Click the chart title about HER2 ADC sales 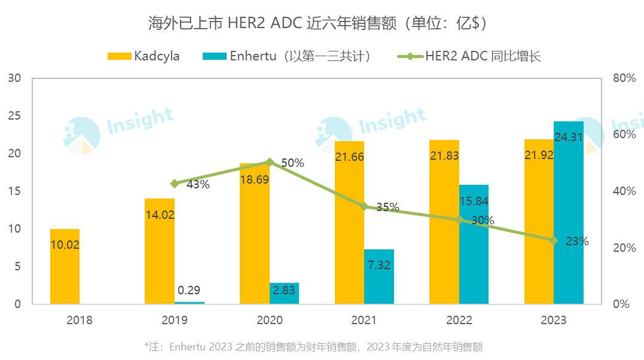(321, 24)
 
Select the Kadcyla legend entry (144, 56)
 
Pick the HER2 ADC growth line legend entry (469, 56)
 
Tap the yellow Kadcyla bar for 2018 (65, 266)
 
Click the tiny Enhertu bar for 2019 (190, 303)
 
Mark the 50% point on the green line (270, 162)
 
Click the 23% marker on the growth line (554, 240)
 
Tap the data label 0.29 (190, 291)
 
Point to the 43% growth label (197, 185)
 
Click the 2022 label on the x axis (459, 321)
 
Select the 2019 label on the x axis (175, 321)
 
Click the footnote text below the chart (313, 347)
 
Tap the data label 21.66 (349, 157)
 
